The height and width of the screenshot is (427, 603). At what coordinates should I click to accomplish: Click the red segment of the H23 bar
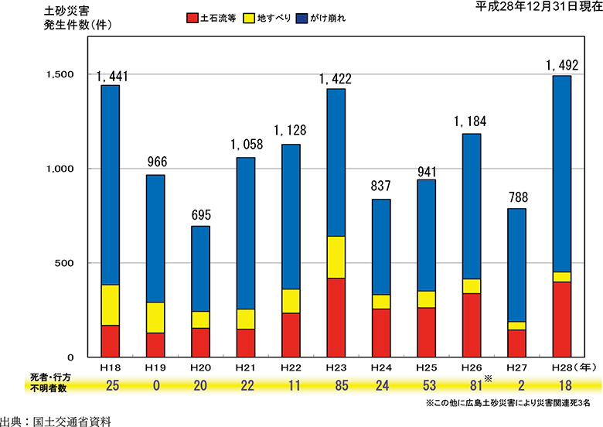[x=336, y=317]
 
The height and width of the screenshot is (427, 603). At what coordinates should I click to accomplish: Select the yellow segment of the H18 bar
[x=111, y=305]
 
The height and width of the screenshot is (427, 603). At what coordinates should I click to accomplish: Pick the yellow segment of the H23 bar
[x=336, y=257]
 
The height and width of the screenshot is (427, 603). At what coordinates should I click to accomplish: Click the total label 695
[x=200, y=216]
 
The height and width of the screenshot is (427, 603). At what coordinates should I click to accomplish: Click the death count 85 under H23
[x=336, y=385]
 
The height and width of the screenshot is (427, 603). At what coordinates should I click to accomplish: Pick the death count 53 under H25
[x=426, y=385]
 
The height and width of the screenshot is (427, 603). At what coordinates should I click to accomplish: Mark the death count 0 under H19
[x=155, y=385]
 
